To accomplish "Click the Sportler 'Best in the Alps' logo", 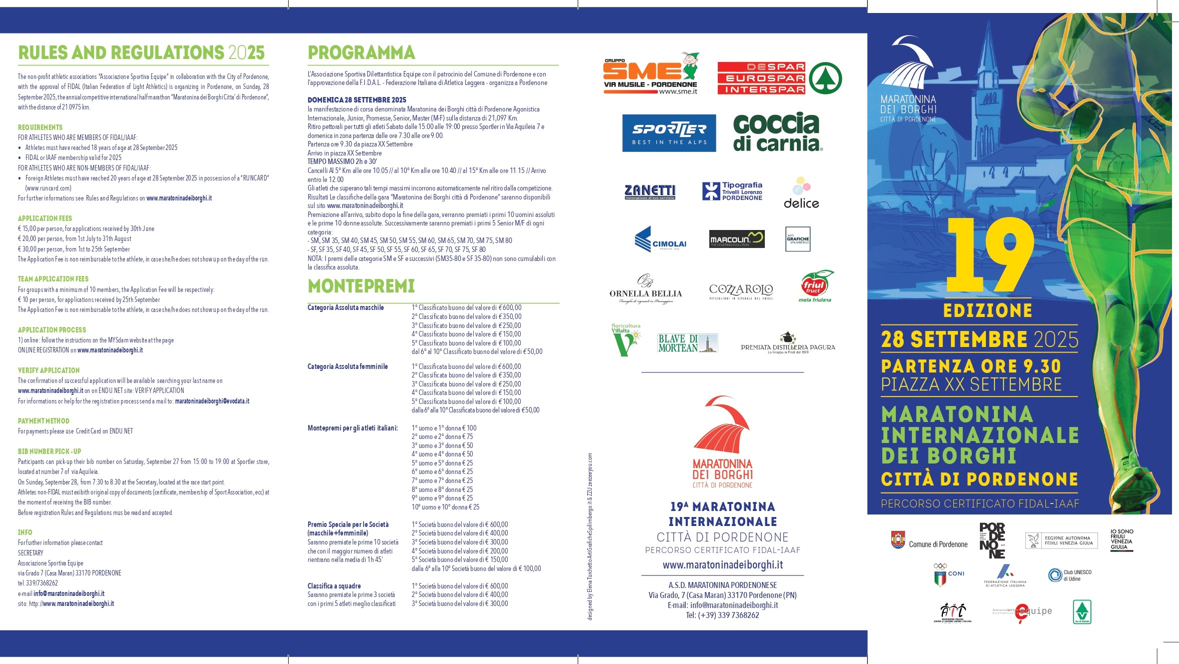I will [x=669, y=133].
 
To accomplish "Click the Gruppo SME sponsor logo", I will [x=651, y=74].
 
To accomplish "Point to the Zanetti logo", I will [x=650, y=191].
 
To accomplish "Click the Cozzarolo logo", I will [x=741, y=290].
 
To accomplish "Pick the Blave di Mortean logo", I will [x=687, y=343].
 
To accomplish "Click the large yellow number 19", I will [x=989, y=254].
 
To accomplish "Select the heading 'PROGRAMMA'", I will [x=361, y=52].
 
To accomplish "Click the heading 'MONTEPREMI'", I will [x=361, y=286].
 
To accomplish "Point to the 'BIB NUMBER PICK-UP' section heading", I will [x=50, y=451].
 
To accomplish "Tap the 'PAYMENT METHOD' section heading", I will [x=44, y=421].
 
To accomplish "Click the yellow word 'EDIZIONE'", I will [x=987, y=310].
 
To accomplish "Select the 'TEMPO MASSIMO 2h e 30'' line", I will [x=342, y=161].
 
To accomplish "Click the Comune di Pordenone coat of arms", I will [x=898, y=540].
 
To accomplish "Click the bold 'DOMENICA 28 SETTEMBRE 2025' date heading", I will [x=357, y=100].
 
